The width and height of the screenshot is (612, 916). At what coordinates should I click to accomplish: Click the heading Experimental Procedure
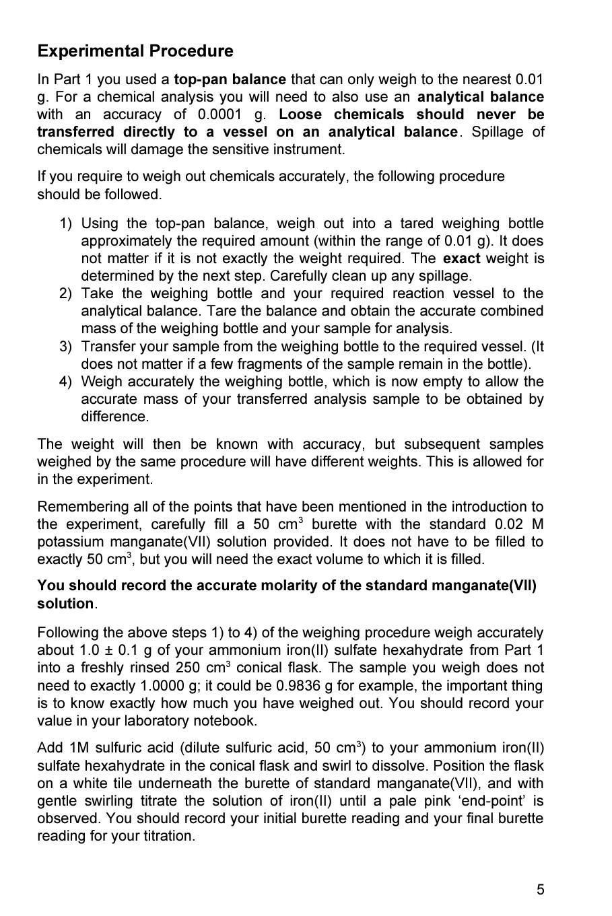[x=135, y=51]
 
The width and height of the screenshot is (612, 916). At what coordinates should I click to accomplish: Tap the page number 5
[x=540, y=890]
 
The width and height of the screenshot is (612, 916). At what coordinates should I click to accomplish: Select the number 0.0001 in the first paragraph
[x=218, y=114]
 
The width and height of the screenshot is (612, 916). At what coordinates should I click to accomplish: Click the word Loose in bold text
[x=300, y=114]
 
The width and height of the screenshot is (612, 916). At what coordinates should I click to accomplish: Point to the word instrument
[x=310, y=149]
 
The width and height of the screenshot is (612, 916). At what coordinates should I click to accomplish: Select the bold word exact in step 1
[x=461, y=258]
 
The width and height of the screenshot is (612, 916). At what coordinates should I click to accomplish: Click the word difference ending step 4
[x=114, y=417]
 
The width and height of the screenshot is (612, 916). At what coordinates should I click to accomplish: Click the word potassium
[x=71, y=542]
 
